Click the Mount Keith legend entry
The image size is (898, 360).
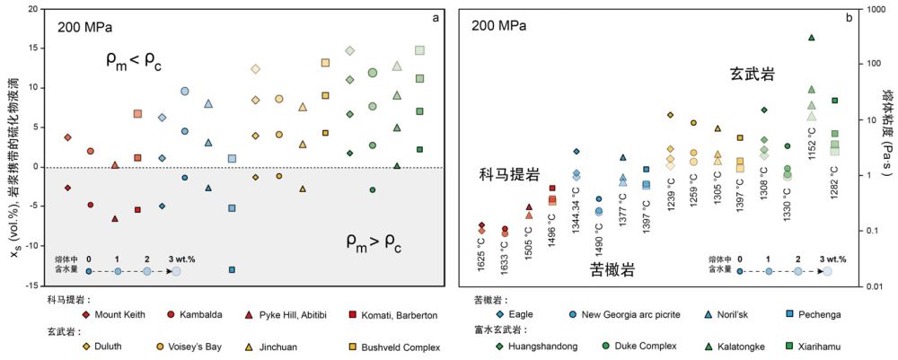113,315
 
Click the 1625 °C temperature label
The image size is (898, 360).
482,254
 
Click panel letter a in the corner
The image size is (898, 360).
436,18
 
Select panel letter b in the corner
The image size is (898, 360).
848,18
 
